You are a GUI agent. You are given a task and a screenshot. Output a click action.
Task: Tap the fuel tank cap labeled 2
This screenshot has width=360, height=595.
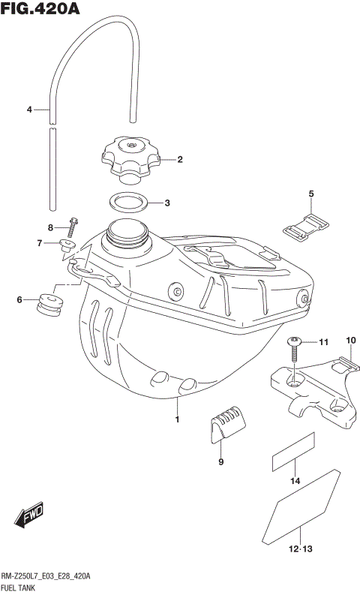click(x=130, y=158)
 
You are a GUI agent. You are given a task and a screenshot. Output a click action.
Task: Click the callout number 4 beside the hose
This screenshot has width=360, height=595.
click(x=29, y=110)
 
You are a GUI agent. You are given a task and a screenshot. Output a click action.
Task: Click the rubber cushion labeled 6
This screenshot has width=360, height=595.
click(x=50, y=302)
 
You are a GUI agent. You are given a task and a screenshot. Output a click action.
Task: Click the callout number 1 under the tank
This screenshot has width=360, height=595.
click(x=177, y=419)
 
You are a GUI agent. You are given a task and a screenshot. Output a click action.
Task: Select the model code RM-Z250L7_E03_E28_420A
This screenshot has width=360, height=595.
click(x=46, y=576)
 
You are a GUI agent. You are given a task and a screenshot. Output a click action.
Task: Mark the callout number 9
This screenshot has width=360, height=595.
click(x=221, y=462)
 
